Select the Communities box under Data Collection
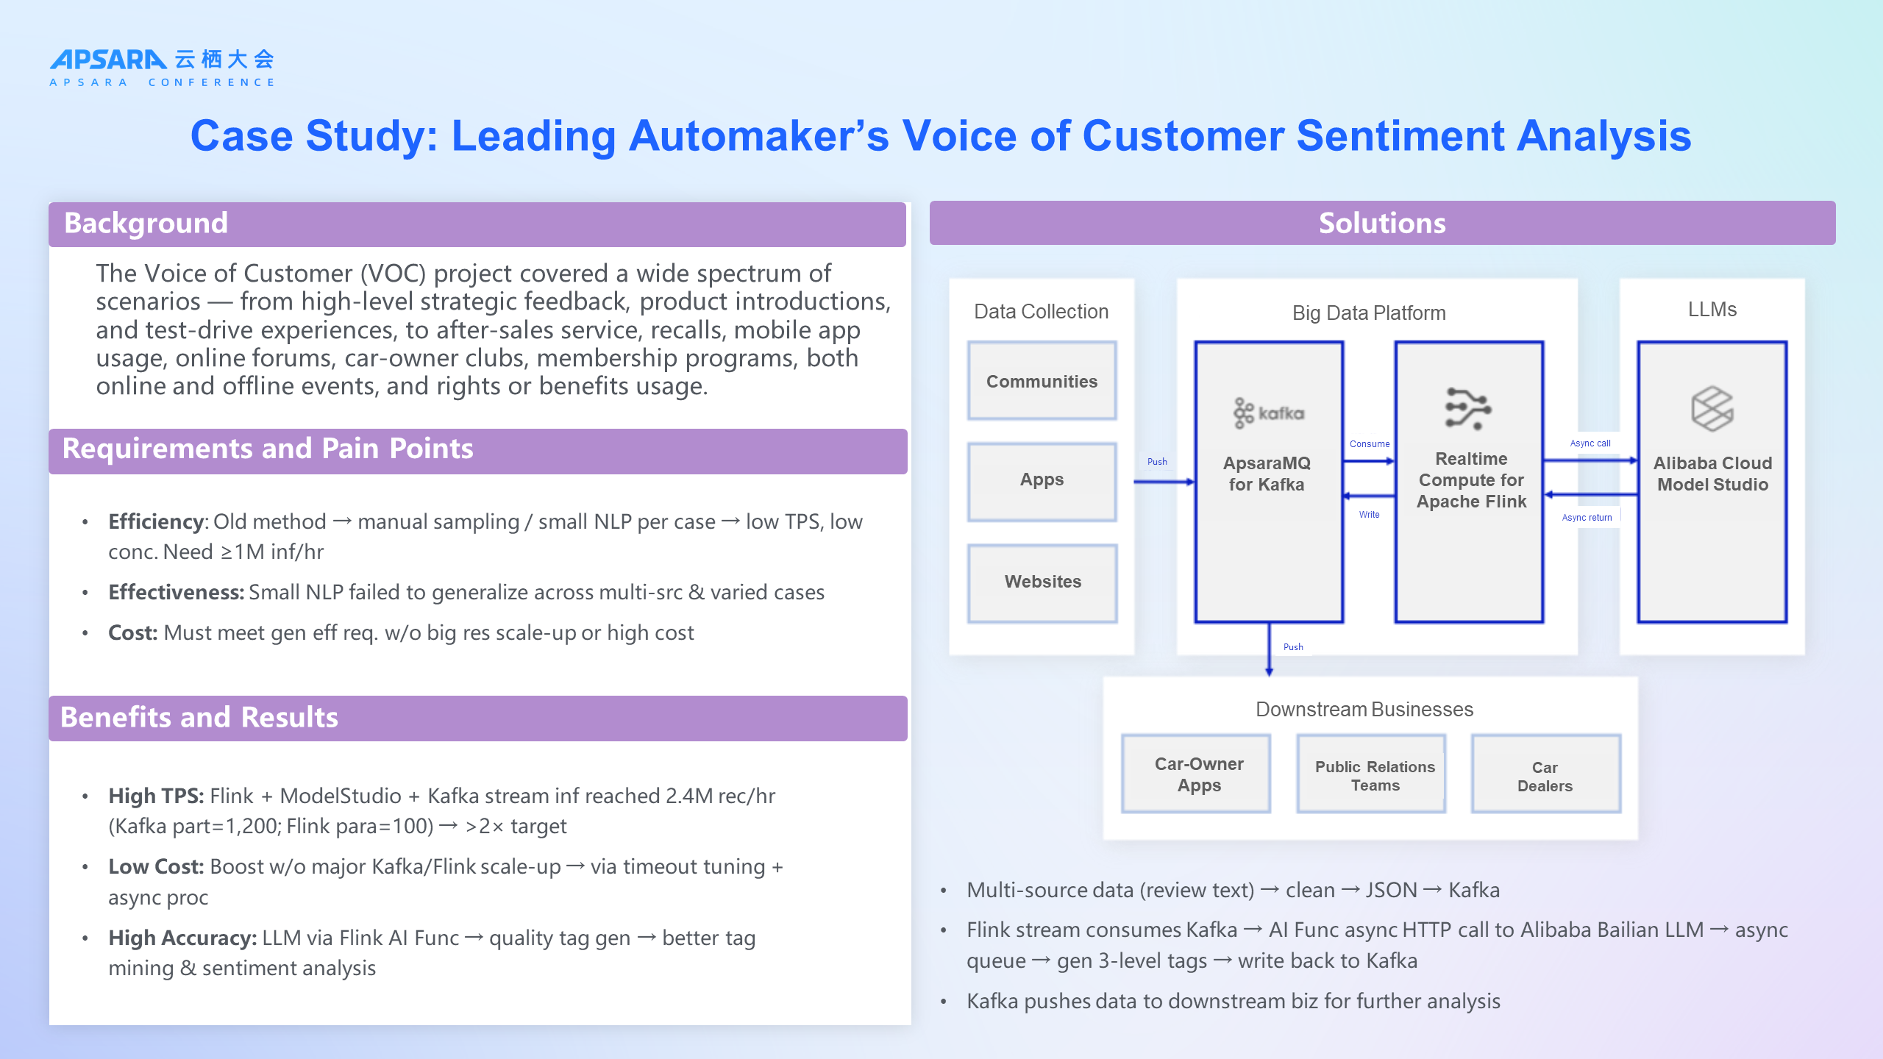1042,381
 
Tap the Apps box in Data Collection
1042,480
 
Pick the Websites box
1042,582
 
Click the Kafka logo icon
1268,413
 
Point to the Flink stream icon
1468,408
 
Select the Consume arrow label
1370,444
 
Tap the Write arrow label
1369,515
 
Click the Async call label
1590,443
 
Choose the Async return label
1587,518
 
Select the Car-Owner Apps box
1198,774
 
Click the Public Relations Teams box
1374,776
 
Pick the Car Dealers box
1545,777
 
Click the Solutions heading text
1382,224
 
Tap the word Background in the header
146,224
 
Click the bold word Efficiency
155,522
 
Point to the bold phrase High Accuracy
182,938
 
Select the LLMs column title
1712,310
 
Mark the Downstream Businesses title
1364,710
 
